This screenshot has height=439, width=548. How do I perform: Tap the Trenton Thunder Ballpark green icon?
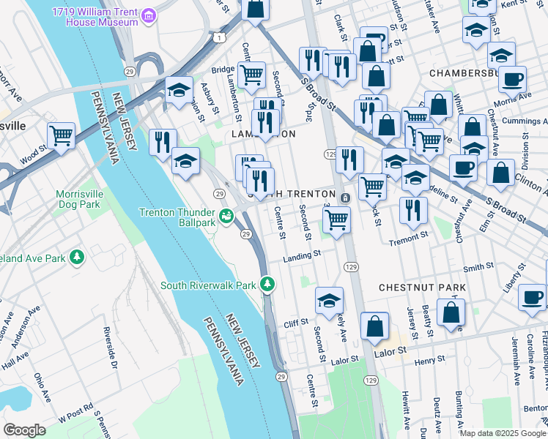coord(226,217)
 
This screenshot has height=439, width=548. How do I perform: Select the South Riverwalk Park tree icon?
coord(268,284)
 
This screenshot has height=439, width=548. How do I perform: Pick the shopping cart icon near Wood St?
coord(61,135)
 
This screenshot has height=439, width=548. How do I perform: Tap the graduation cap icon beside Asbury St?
coord(179,90)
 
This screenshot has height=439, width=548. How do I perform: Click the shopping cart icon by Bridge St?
coord(251,74)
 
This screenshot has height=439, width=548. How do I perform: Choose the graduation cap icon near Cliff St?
coord(330,300)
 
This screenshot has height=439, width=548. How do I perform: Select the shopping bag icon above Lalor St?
coord(374,326)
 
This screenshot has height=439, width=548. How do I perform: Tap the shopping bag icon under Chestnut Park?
coord(451,312)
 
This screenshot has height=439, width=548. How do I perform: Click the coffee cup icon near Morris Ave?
coord(514,78)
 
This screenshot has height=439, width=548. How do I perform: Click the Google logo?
coord(25,429)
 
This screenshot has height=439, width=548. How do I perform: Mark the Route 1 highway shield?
coord(220,37)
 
